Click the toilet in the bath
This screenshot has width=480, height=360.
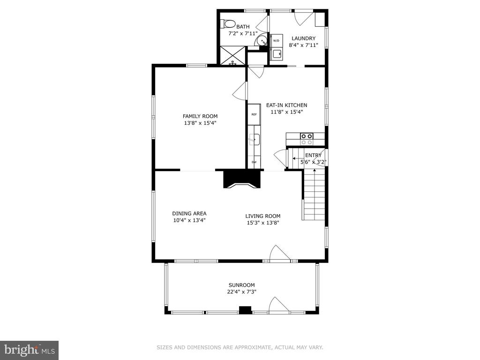click(x=228, y=23)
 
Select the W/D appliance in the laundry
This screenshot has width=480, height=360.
click(x=276, y=40)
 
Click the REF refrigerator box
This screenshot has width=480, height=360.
click(x=254, y=114)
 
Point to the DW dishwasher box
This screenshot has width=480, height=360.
click(x=254, y=162)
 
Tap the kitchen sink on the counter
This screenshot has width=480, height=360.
click(x=255, y=140)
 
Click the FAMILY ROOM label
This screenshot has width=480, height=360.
click(x=200, y=116)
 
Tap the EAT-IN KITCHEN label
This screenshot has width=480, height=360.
click(x=286, y=105)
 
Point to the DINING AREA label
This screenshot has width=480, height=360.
click(x=189, y=213)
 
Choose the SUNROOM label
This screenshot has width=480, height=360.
click(x=241, y=285)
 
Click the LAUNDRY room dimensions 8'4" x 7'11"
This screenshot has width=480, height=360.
click(x=303, y=45)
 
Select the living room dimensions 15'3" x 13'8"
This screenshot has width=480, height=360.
click(x=263, y=223)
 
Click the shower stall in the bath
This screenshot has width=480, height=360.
click(x=233, y=55)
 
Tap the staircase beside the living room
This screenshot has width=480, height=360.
click(x=314, y=195)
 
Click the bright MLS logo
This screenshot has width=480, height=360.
click(x=30, y=350)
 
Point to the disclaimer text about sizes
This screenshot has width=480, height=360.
click(x=240, y=347)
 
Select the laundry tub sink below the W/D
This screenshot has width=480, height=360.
click(x=277, y=54)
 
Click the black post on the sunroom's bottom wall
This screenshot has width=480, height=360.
click(x=245, y=310)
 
